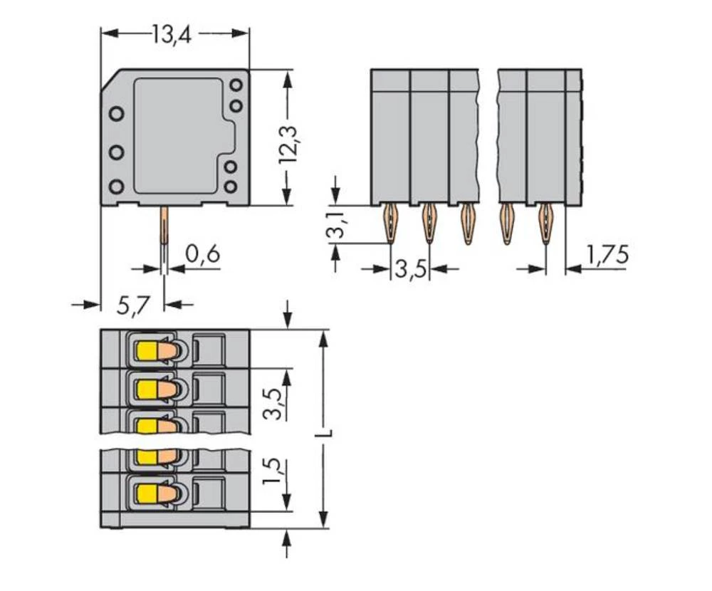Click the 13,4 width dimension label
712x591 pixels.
pyautogui.click(x=174, y=33)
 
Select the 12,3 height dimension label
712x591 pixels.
pyautogui.click(x=288, y=140)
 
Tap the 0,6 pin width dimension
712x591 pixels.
pyautogui.click(x=202, y=253)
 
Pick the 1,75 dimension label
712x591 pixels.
pyautogui.click(x=607, y=254)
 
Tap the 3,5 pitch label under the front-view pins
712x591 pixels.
pyautogui.click(x=410, y=271)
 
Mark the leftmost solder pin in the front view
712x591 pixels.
pyautogui.click(x=390, y=223)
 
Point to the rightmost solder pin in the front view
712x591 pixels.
pyautogui.click(x=546, y=223)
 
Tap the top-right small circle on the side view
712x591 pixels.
pyautogui.click(x=236, y=85)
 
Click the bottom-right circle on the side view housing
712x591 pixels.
pyautogui.click(x=230, y=187)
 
